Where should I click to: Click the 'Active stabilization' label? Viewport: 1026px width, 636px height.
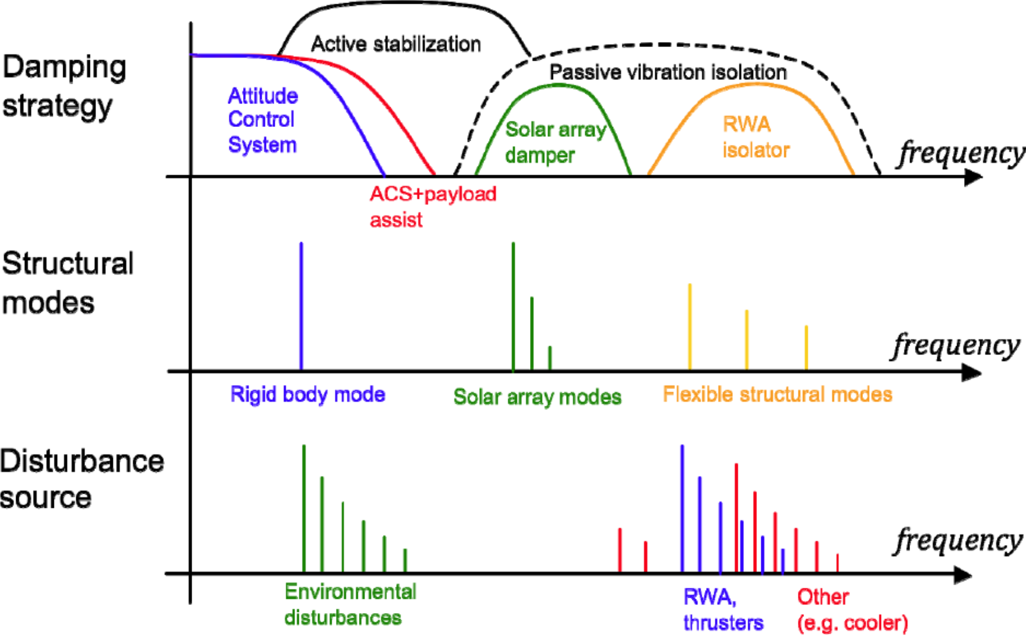coord(396,44)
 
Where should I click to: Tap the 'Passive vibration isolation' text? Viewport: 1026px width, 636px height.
coord(668,72)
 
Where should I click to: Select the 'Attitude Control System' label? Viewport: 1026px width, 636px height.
coord(263,120)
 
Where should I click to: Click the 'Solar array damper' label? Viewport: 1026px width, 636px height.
coord(555,142)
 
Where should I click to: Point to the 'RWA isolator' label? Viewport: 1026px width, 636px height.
coord(755,137)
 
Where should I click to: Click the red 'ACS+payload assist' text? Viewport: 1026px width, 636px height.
coord(432,206)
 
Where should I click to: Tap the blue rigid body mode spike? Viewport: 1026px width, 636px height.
coord(301,306)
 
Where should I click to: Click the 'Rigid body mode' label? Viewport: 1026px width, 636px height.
coord(307,394)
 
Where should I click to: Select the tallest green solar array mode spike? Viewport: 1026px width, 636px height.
coord(513,306)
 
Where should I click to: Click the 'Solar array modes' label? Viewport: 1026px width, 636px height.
coord(537,396)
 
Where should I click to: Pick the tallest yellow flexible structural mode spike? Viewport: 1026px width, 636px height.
coord(690,326)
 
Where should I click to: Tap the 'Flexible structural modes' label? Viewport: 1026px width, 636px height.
coord(777,394)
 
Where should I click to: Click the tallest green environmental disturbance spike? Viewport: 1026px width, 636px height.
coord(304,508)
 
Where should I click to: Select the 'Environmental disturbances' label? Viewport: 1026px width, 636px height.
coord(350,604)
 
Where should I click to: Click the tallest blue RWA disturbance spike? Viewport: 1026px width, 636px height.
coord(682,508)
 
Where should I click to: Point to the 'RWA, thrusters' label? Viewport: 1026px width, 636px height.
coord(723,609)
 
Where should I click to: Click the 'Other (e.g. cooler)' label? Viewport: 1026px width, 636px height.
coord(852,609)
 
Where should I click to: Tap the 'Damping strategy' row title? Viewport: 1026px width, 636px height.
coord(64,86)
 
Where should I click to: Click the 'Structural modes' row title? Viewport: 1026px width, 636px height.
coord(67,283)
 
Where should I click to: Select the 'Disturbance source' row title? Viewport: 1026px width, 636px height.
coord(81,479)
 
